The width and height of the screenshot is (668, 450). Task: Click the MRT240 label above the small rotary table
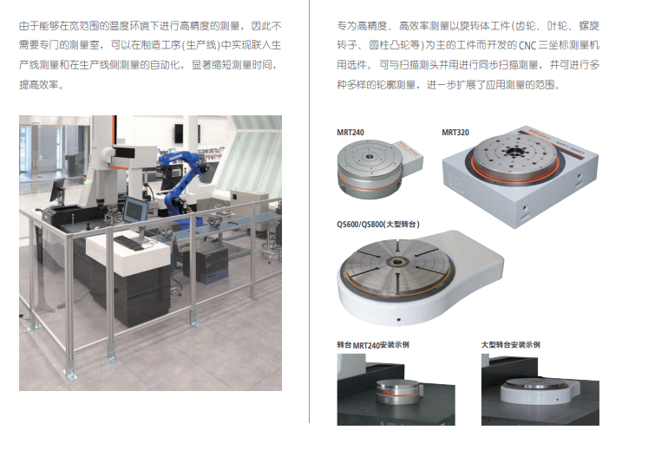tap(350, 133)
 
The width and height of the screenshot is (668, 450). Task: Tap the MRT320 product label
tap(455, 133)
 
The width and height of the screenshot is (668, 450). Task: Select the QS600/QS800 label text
tap(378, 225)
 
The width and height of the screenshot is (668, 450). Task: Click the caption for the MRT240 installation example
tap(373, 345)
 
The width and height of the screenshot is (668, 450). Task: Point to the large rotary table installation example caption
tap(510, 345)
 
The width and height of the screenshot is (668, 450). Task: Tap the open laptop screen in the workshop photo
tap(136, 210)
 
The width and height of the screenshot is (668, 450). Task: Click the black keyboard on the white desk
tap(128, 242)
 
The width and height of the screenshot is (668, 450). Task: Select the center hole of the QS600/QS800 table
tap(397, 262)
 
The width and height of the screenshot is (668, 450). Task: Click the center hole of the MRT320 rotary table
tap(514, 151)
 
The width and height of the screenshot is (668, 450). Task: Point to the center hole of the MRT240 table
tap(369, 156)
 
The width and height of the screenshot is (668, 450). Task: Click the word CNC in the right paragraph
tap(527, 46)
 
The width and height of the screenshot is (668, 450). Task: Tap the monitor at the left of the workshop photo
tap(57, 190)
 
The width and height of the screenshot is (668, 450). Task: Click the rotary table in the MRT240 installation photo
tap(397, 391)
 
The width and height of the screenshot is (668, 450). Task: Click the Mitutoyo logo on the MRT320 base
tap(540, 133)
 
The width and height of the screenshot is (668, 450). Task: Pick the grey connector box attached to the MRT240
tap(408, 159)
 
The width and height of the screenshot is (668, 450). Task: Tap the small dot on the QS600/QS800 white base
tap(398, 319)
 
